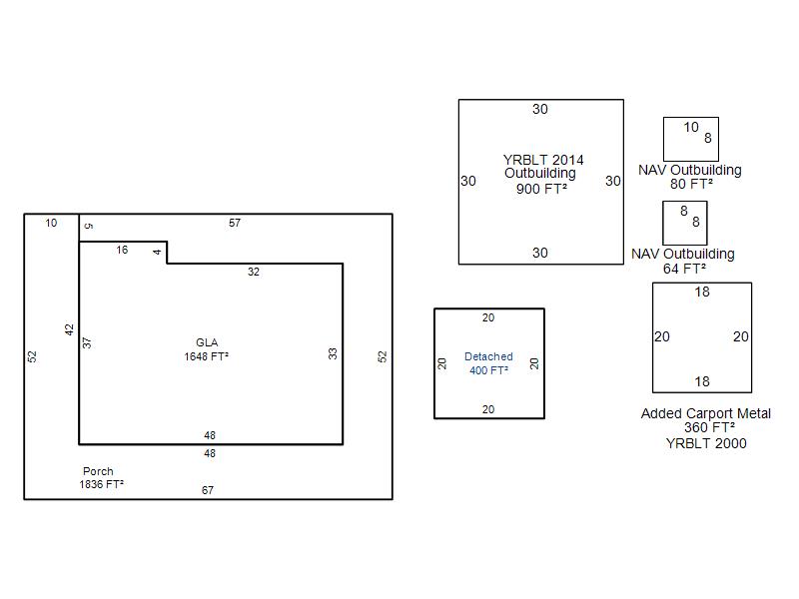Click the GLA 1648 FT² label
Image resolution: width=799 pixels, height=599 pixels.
tap(207, 349)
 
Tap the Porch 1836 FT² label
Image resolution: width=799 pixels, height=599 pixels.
tap(102, 478)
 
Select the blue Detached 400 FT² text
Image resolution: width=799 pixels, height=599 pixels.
tap(488, 363)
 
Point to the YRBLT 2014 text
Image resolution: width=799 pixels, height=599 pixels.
tap(543, 160)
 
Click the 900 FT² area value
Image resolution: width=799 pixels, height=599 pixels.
tap(541, 189)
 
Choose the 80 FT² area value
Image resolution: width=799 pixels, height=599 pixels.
tap(691, 184)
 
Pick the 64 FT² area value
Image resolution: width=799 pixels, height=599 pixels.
tap(684, 269)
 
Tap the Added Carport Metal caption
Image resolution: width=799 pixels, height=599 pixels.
tap(706, 413)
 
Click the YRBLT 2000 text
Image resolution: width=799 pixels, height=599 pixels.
tap(706, 443)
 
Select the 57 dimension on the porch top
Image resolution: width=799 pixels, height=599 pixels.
tap(235, 223)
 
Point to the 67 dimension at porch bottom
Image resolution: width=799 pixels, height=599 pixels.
tap(208, 490)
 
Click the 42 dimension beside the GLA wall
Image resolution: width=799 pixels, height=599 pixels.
tap(69, 329)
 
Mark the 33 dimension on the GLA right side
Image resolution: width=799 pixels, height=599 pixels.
tap(333, 353)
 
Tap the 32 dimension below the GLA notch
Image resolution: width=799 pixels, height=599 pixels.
tap(254, 272)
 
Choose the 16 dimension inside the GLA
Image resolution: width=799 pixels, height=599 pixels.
tap(122, 250)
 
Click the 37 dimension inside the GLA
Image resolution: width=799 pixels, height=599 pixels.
tap(87, 342)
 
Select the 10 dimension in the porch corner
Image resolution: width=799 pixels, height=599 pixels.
tap(51, 223)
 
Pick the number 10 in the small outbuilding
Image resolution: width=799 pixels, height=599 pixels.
tap(691, 127)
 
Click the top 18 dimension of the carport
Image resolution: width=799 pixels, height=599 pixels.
tap(702, 292)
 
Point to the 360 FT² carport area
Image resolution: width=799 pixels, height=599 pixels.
tap(709, 428)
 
